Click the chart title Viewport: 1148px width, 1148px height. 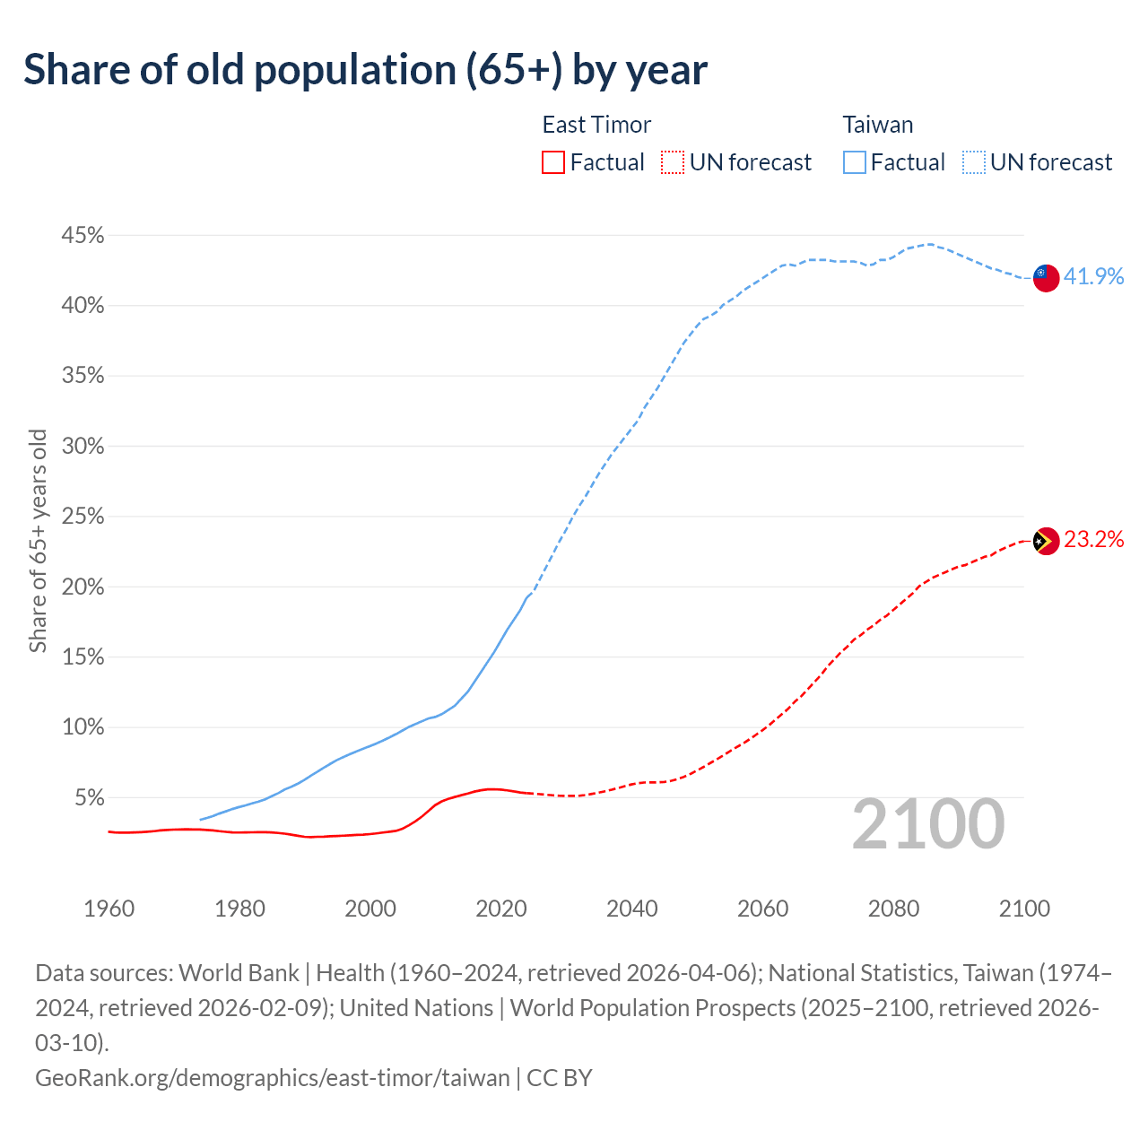tap(365, 70)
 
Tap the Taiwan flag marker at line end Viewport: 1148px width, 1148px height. tap(1046, 277)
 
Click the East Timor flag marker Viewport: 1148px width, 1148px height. tap(1046, 541)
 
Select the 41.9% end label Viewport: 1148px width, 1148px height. tap(1093, 276)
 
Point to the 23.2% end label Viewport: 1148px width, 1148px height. tap(1093, 540)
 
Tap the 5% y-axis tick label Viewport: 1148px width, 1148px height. tap(89, 798)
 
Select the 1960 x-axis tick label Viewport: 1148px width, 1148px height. tap(109, 909)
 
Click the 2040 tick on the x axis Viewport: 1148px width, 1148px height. tap(631, 909)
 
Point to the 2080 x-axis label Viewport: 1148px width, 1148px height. tap(893, 909)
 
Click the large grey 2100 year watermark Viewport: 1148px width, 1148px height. tap(927, 824)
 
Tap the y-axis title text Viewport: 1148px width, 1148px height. tap(38, 541)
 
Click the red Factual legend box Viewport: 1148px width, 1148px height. tap(553, 162)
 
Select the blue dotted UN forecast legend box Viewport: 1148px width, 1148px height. tap(974, 162)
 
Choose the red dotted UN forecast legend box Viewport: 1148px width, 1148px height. tap(673, 162)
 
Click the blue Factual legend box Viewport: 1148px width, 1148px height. tap(855, 162)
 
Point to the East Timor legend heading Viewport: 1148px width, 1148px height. tap(596, 125)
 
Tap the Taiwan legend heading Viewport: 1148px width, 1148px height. tap(878, 125)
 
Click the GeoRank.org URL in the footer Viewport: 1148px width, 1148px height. tap(272, 1077)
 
